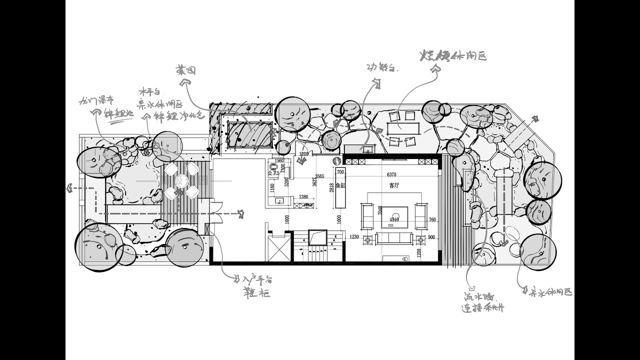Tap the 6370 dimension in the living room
click(391, 175)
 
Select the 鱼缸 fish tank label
click(340, 185)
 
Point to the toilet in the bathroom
click(274, 167)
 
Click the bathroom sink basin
click(280, 201)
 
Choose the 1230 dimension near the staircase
click(354, 237)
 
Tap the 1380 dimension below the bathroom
click(303, 197)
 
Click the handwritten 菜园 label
click(185, 70)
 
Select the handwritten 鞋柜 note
click(256, 292)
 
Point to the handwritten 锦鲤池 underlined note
click(118, 113)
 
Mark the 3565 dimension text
click(319, 176)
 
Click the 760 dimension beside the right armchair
click(432, 219)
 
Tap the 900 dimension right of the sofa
click(431, 237)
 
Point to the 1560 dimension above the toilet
click(279, 161)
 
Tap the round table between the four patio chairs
click(182, 181)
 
